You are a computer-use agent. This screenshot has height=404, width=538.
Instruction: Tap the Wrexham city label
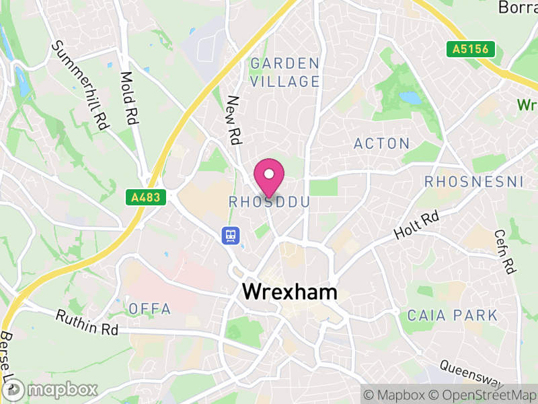click(289, 292)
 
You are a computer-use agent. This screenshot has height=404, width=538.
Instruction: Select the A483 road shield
click(145, 197)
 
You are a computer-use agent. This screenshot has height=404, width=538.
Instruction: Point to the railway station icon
click(231, 235)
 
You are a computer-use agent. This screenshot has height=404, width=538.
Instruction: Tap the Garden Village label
click(284, 73)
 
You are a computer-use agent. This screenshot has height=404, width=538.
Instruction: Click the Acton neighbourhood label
click(381, 143)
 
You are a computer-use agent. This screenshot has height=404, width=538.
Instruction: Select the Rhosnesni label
click(474, 181)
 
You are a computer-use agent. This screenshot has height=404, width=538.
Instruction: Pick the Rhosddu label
click(269, 202)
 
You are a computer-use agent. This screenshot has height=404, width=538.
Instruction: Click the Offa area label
click(149, 309)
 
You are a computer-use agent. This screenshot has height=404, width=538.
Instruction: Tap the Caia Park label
click(453, 315)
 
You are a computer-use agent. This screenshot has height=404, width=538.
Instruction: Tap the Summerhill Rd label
click(80, 85)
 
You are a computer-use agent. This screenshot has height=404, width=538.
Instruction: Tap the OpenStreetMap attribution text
click(482, 395)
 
